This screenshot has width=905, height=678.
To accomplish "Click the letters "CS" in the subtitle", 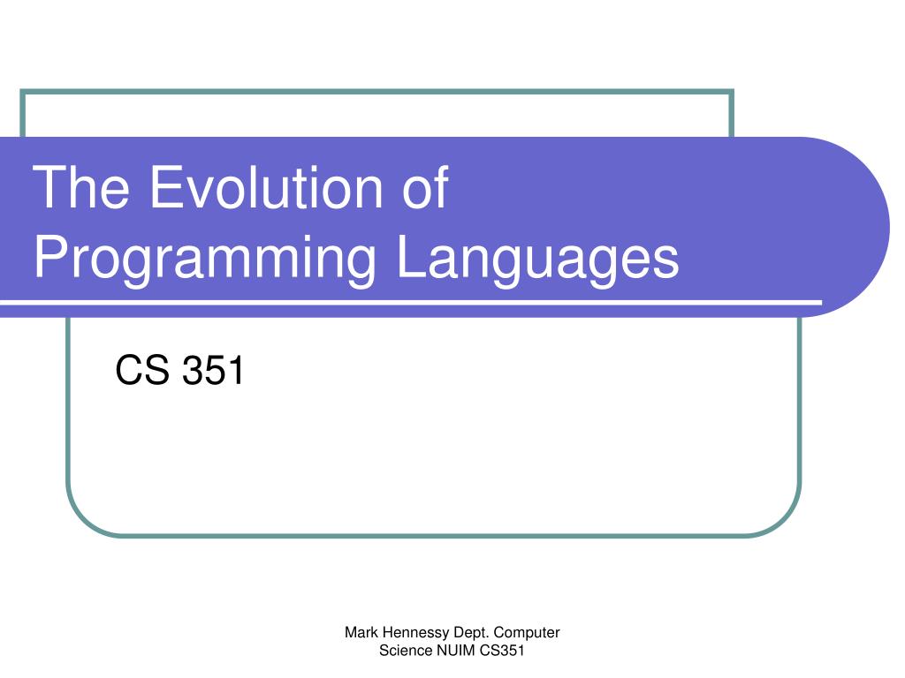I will coord(142,371).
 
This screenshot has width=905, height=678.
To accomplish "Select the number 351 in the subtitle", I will coord(212,371).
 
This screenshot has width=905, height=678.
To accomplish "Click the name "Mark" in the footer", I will coord(361,632).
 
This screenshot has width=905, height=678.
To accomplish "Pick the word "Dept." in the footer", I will coord(472,632).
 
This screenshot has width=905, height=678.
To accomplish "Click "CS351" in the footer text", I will coord(502,652).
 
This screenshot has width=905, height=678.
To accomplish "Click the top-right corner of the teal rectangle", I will coord(732,92).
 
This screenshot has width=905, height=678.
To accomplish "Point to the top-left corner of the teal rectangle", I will coord(23,92).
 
